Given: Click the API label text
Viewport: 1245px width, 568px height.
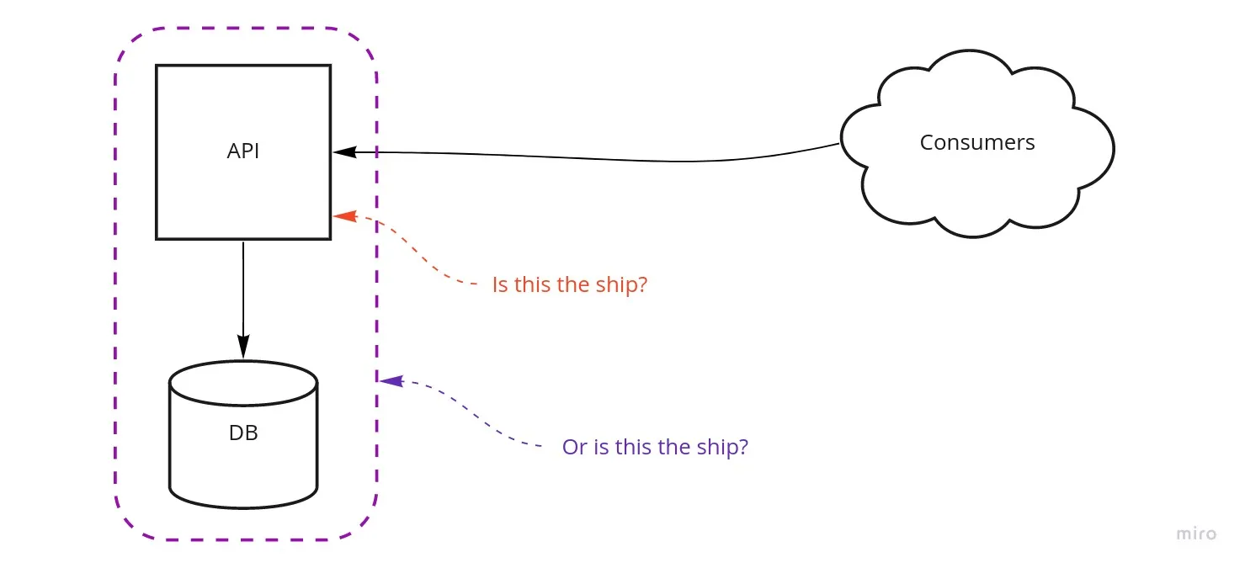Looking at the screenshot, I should coord(243,151).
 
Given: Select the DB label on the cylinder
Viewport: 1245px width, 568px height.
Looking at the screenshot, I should coord(243,433).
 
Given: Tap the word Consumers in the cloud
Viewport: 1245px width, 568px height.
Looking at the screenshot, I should coord(976,142).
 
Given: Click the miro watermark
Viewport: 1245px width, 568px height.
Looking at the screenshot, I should coord(1195,533).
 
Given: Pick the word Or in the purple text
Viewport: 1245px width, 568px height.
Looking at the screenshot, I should coord(574,446).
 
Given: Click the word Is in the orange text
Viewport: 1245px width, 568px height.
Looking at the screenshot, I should coord(500,284).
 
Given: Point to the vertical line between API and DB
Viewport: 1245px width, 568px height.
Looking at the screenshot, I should coord(243,286).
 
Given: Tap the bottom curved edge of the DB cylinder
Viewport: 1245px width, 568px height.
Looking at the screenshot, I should coord(243,507).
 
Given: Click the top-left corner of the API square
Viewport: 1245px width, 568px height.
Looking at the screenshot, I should coord(157,66).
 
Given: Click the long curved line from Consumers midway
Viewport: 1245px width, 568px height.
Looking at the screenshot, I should coord(589,157).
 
